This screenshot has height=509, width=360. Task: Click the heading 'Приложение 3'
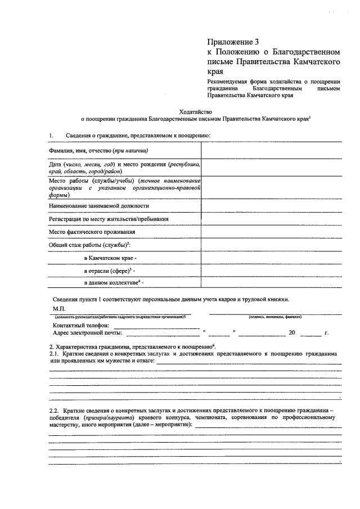point(232,42)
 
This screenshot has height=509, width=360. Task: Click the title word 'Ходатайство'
point(196,111)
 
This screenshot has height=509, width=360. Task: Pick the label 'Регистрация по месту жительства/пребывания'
point(109,219)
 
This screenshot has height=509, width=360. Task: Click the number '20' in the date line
point(291,333)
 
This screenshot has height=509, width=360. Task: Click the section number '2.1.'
point(55,354)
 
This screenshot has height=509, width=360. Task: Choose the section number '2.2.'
point(55,410)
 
